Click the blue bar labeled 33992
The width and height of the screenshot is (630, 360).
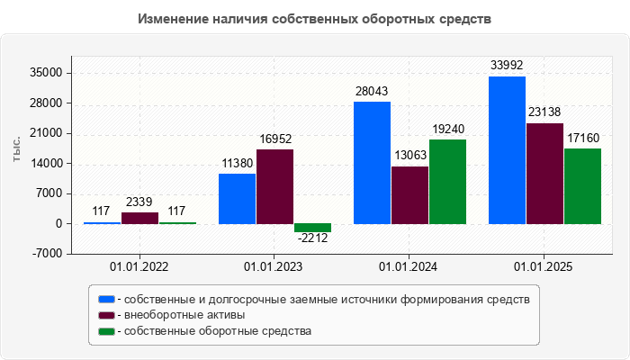pos(507,150)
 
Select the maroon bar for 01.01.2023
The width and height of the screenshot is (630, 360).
pos(274,186)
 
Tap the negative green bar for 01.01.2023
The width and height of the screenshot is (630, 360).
pos(312,228)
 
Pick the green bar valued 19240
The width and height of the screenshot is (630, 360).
pos(447,182)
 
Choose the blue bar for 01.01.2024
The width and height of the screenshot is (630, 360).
pos(372,163)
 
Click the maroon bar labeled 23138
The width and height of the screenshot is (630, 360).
pos(544,174)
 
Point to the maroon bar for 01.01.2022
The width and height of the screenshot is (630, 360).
pos(139,218)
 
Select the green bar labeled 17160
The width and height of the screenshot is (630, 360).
pos(582,186)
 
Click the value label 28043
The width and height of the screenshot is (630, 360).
pos(372,92)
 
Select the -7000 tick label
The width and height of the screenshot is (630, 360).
pos(46,254)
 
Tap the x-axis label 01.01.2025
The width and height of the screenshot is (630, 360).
pos(544,267)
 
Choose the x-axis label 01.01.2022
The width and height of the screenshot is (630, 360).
pos(139,267)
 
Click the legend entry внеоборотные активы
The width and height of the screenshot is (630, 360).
pos(184,315)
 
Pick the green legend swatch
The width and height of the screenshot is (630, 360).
pos(107,331)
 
